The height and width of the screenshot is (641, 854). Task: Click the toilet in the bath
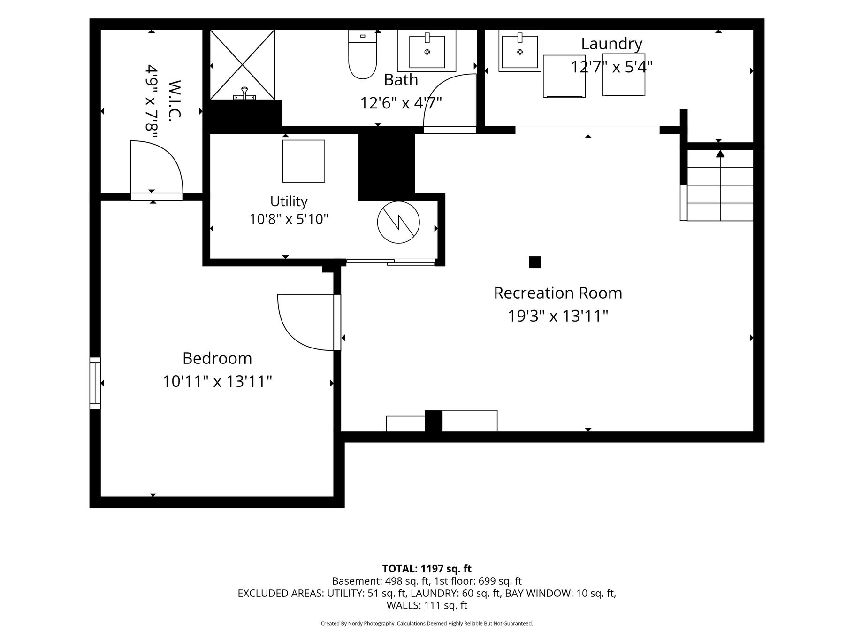click(363, 54)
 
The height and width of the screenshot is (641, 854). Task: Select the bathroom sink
click(427, 50)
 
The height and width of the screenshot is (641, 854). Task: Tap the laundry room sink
click(519, 50)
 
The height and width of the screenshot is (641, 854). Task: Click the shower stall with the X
click(242, 64)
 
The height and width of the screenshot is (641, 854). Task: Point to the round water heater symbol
click(398, 223)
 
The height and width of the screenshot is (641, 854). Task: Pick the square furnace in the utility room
click(304, 161)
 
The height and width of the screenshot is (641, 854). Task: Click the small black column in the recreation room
click(535, 262)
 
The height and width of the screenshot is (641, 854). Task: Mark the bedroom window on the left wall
click(95, 383)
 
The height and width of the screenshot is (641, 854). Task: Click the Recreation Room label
click(558, 293)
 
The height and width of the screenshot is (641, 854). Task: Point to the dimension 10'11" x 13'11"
click(217, 381)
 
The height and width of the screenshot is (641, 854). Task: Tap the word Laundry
click(611, 44)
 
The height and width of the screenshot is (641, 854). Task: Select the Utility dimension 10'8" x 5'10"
click(289, 219)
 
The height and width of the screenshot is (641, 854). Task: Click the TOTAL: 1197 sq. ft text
click(427, 569)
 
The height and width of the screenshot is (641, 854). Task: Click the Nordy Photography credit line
click(427, 624)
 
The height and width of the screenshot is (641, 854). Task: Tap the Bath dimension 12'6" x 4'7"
click(401, 103)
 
